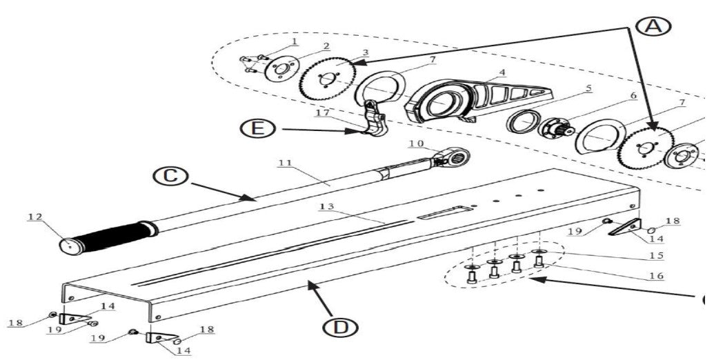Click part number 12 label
pos(35,217)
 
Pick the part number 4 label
pos(502,72)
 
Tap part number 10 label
pos(415,143)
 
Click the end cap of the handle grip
pos(68,246)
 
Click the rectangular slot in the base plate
pos(444,213)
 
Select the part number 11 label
pos(286,163)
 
